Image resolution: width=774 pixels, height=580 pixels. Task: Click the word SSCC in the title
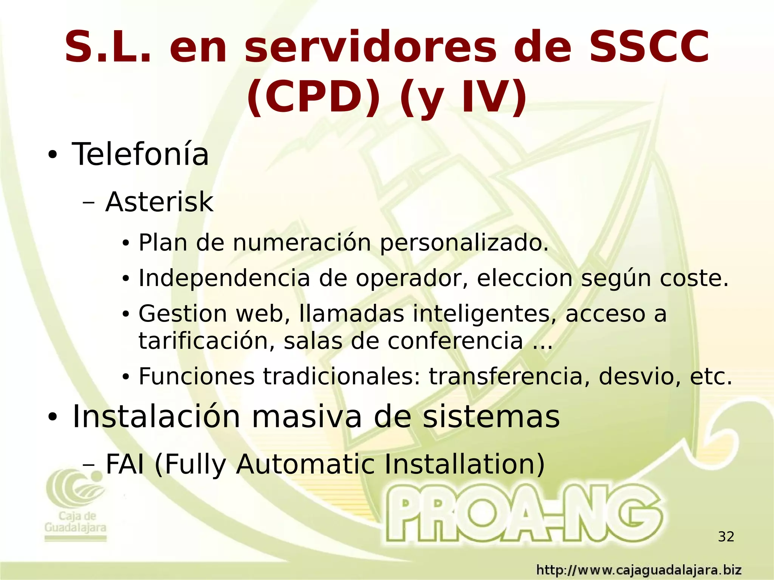pyautogui.click(x=649, y=47)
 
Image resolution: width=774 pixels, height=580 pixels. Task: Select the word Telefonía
pyautogui.click(x=140, y=154)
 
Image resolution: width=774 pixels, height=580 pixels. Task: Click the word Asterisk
pyautogui.click(x=159, y=202)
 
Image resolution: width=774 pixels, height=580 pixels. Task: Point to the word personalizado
pyautogui.click(x=464, y=243)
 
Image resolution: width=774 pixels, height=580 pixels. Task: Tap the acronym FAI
pyautogui.click(x=125, y=464)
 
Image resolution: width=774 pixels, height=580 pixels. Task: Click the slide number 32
pyautogui.click(x=726, y=537)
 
